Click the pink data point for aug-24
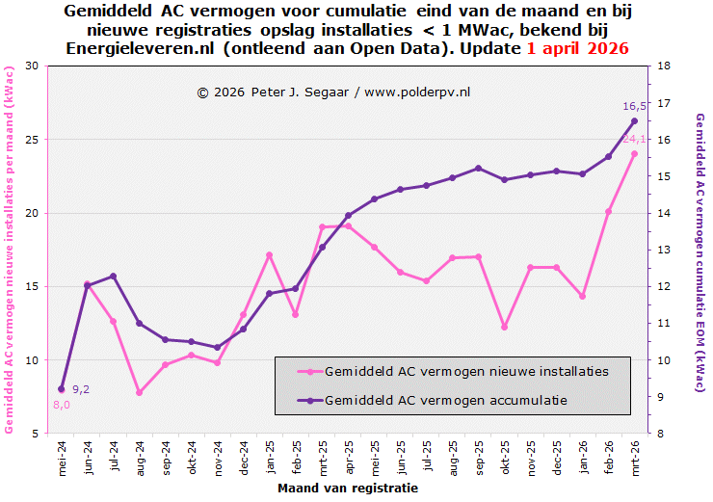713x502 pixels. tap(140, 392)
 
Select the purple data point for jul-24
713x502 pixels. tap(114, 277)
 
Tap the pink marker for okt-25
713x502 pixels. tap(504, 328)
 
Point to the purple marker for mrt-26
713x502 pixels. tap(634, 120)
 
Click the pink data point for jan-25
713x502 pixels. tap(270, 255)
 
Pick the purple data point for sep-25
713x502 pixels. tap(478, 169)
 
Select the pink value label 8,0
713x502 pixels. tap(61, 405)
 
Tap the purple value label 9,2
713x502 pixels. tap(81, 389)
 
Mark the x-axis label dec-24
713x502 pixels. tap(244, 458)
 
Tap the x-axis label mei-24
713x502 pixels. tap(62, 458)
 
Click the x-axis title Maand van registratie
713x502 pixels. tap(347, 489)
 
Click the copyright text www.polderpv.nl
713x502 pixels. tap(417, 92)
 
